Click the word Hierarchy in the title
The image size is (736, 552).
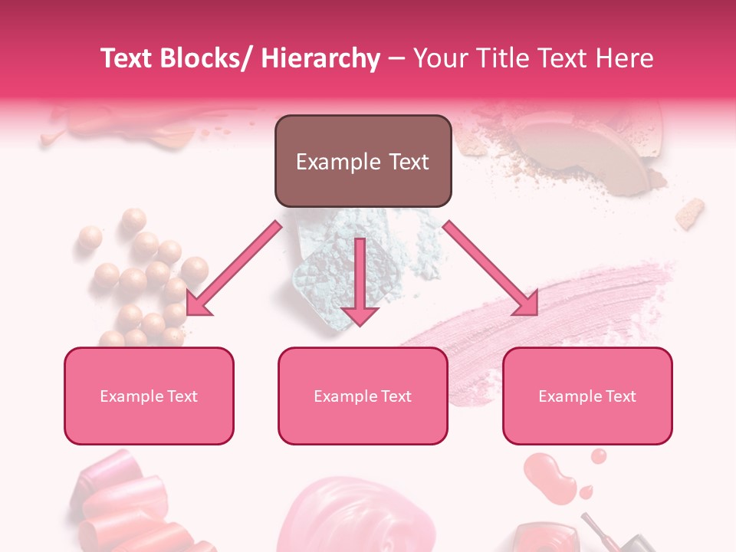pos(320,59)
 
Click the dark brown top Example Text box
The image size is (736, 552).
pos(363,161)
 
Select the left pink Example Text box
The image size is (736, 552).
pos(149,396)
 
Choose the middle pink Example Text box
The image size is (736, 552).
pos(363,396)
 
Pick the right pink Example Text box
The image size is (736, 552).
pos(587,396)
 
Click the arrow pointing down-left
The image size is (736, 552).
pos(234,268)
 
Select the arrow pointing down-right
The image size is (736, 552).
pos(491,268)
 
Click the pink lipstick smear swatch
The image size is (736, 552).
pos(537,307)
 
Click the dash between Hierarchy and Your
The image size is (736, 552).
pos(396,59)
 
